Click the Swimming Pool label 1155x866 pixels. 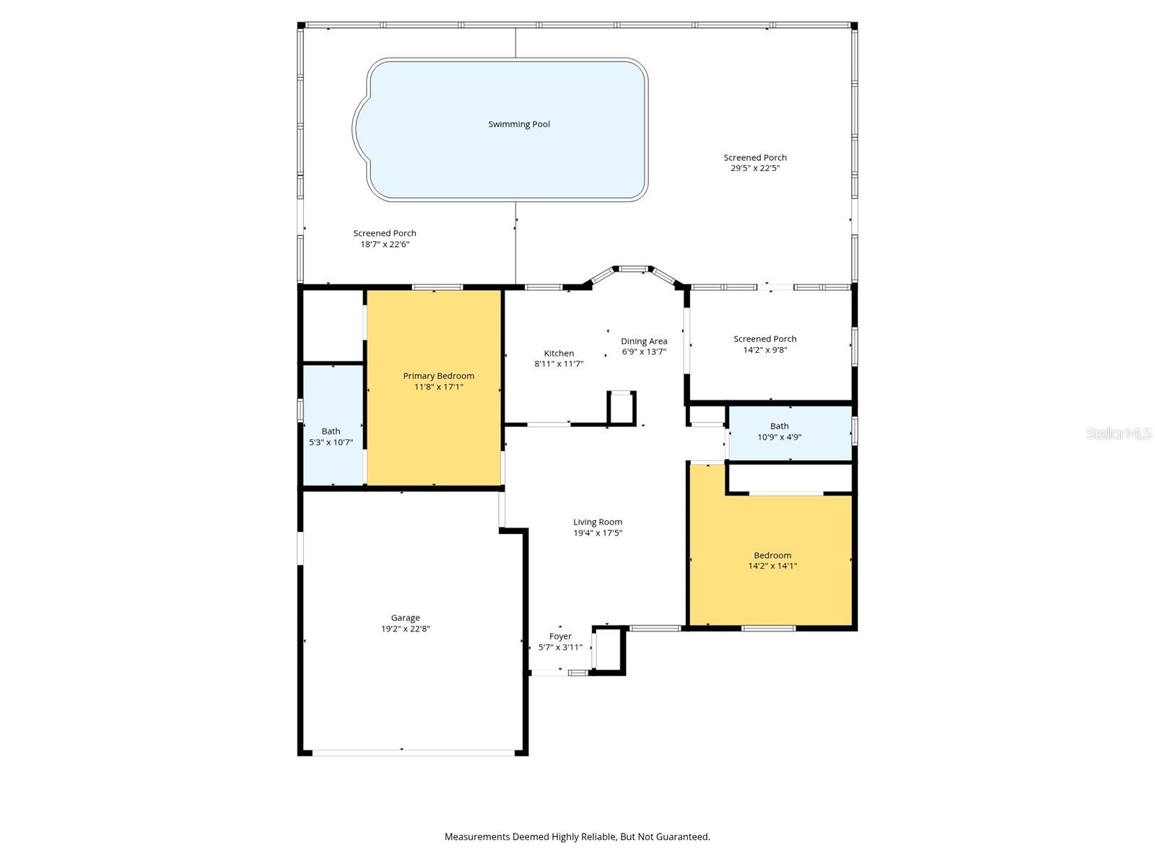(x=519, y=124)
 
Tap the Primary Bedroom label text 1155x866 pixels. (x=438, y=376)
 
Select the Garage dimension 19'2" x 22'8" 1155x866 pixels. (x=405, y=629)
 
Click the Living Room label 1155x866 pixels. (x=598, y=522)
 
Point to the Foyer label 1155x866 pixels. (x=560, y=637)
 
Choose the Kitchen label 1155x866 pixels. (x=559, y=354)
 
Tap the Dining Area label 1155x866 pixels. (x=644, y=341)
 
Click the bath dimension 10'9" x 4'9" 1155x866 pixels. (x=779, y=437)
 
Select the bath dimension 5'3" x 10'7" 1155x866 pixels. (x=331, y=442)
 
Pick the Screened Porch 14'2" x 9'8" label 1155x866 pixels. (x=765, y=344)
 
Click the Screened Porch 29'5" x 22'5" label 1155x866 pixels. (x=755, y=162)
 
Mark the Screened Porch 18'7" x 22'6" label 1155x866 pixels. (x=385, y=238)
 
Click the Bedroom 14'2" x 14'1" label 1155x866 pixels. (x=772, y=561)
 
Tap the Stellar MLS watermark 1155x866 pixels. (x=1118, y=433)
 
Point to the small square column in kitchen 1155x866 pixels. (x=622, y=408)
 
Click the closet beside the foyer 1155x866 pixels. (x=609, y=649)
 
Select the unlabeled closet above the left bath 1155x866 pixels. (x=332, y=325)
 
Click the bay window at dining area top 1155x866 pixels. (x=633, y=270)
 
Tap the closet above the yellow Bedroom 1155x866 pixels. (x=789, y=478)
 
